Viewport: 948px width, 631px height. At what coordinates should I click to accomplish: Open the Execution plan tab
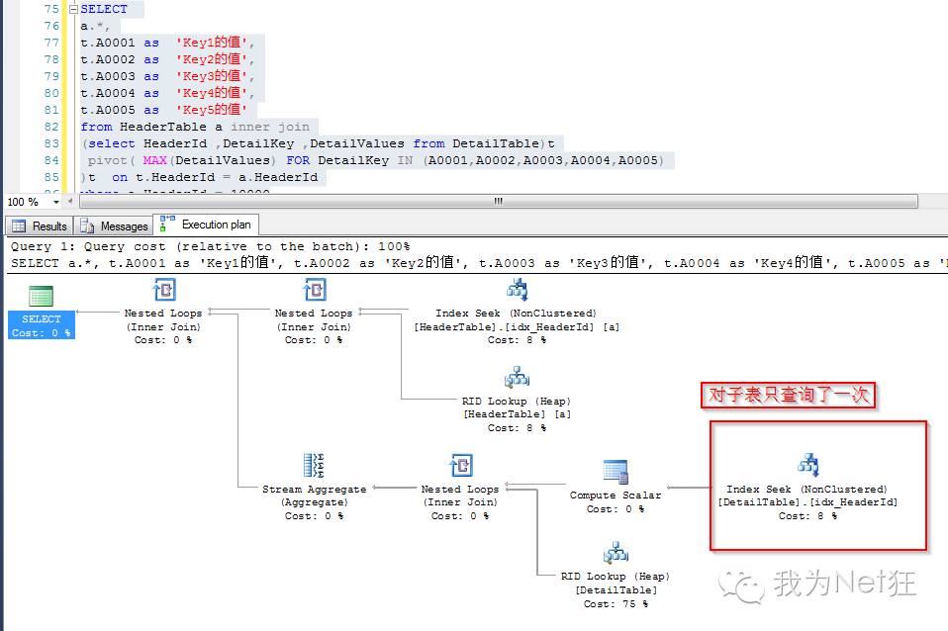[206, 225]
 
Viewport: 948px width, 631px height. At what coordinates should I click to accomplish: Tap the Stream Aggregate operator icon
[314, 466]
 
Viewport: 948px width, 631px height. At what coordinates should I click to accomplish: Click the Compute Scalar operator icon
[616, 472]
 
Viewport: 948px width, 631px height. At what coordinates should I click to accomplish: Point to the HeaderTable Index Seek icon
[517, 290]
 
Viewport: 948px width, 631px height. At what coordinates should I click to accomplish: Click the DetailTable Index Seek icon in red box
[807, 465]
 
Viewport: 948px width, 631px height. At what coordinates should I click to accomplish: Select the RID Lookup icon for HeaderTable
[517, 378]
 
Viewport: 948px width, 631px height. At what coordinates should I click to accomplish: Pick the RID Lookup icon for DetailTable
[616, 553]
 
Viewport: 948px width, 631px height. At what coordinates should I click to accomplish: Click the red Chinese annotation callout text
[788, 396]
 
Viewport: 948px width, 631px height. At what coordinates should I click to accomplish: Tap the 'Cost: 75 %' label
[616, 603]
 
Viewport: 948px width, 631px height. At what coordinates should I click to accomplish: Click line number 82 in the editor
[51, 127]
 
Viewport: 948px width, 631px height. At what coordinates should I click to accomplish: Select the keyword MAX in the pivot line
[154, 160]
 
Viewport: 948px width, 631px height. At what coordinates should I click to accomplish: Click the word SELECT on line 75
[104, 9]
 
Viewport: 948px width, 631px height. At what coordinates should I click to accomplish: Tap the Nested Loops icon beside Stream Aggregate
[460, 466]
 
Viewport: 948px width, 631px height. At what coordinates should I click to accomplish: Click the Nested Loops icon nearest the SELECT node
[163, 290]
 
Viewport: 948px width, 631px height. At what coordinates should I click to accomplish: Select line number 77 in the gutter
[51, 43]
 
